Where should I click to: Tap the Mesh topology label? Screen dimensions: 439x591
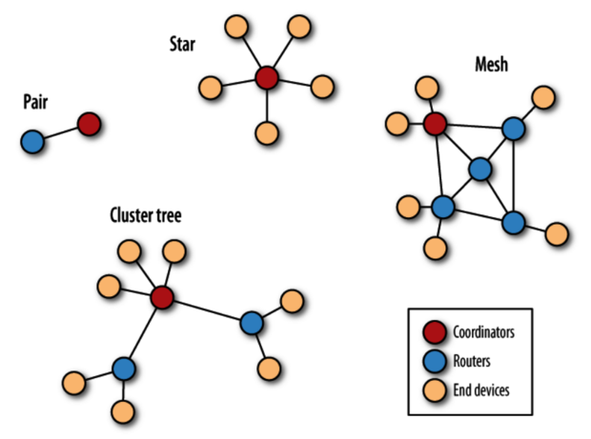tap(493, 66)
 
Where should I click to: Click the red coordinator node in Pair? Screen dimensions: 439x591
tap(89, 123)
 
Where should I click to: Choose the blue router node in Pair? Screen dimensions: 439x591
tap(32, 142)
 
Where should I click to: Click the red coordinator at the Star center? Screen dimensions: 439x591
tap(266, 77)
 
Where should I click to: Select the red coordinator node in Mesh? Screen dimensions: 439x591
tap(435, 123)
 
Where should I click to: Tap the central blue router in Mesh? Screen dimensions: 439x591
tap(480, 170)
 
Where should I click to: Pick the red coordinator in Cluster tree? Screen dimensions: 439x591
tap(161, 297)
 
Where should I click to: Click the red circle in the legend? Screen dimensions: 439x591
tap(435, 333)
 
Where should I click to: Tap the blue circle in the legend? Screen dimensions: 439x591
tap(435, 361)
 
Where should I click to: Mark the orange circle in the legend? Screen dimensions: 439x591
tap(435, 389)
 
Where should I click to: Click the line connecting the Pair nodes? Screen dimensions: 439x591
tap(60, 132)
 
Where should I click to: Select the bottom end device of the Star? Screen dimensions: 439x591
tap(267, 131)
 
